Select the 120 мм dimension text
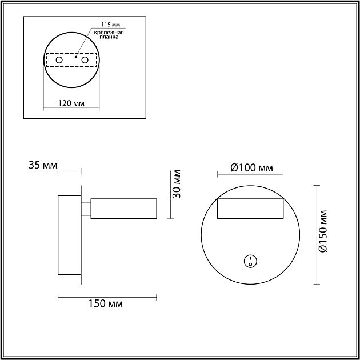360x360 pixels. (x=71, y=103)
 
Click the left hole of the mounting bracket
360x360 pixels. (x=58, y=59)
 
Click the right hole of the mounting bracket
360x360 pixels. (x=85, y=59)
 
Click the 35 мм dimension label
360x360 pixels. (x=42, y=166)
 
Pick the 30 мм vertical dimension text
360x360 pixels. (x=177, y=184)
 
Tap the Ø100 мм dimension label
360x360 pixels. (x=251, y=167)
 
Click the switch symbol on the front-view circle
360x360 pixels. (x=249, y=262)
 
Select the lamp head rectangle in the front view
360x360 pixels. (x=250, y=209)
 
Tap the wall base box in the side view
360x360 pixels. (x=69, y=235)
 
